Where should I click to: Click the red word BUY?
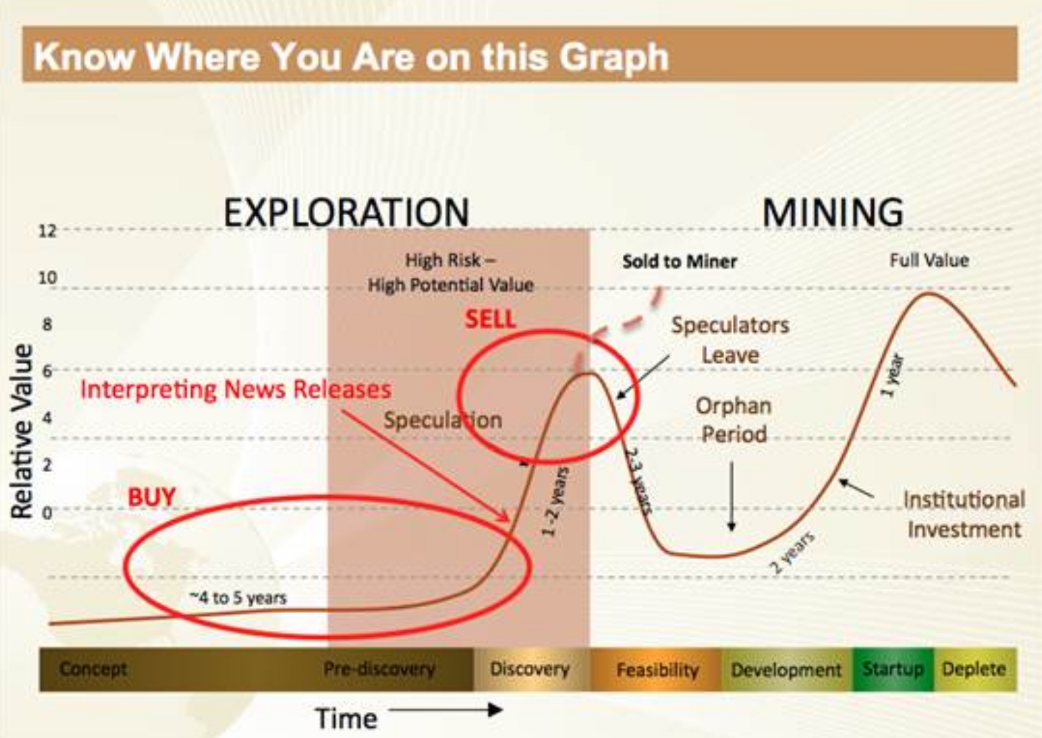152,497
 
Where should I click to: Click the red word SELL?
490,319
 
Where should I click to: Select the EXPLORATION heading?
346,212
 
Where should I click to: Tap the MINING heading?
833,212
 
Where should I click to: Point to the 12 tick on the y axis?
48,231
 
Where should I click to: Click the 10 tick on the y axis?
48,278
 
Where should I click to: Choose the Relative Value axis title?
21,431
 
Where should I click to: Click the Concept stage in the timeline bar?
93,669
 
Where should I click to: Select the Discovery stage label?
529,669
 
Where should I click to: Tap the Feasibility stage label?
657,670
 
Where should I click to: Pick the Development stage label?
786,670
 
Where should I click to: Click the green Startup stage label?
893,669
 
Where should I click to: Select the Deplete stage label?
974,669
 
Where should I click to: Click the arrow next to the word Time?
446,709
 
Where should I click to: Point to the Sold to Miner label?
679,262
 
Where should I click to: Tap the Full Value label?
929,260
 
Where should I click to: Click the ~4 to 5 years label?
238,597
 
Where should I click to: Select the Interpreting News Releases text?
236,390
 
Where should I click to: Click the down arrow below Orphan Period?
732,496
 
